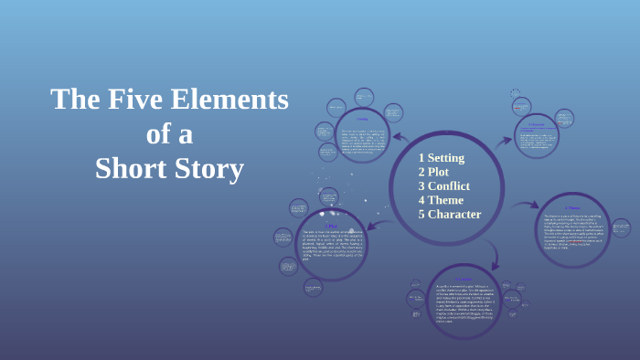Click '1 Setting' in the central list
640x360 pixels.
coord(442,158)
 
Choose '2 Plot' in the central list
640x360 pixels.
coord(434,172)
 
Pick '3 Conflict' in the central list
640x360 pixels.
coord(444,186)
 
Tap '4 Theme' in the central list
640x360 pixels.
coord(441,200)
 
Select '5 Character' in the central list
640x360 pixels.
coord(449,215)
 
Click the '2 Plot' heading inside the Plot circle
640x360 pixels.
coord(332,224)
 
